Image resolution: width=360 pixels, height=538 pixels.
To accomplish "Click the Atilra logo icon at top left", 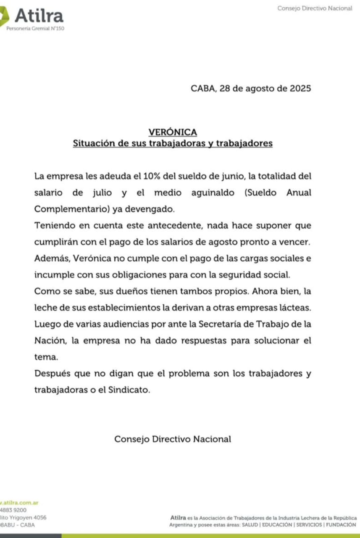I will coord(4,16).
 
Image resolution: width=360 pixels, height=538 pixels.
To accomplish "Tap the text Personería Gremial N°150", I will coord(35,29).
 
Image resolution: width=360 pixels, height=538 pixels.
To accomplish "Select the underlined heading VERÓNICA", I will coord(173,132).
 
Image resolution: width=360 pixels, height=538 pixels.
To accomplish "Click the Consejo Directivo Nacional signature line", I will coord(173,439).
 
